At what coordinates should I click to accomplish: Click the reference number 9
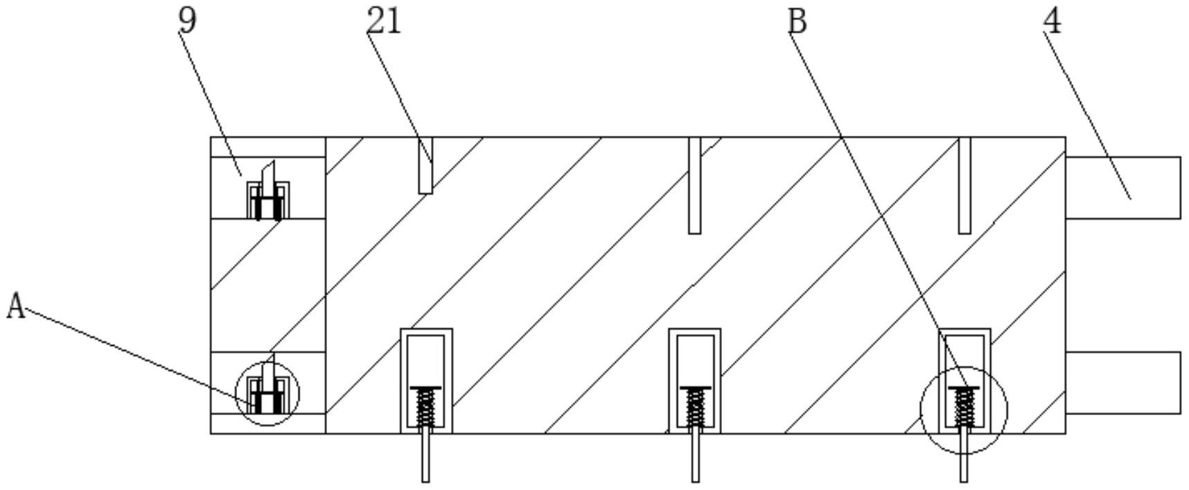pyautogui.click(x=188, y=20)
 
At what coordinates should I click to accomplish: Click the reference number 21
pyautogui.click(x=384, y=21)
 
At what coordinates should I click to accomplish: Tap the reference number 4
pyautogui.click(x=1052, y=21)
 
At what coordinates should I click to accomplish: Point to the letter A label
pyautogui.click(x=16, y=306)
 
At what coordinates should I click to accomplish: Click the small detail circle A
pyautogui.click(x=267, y=393)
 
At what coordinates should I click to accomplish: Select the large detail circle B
pyautogui.click(x=964, y=410)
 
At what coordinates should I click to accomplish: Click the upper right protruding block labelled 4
pyautogui.click(x=1122, y=188)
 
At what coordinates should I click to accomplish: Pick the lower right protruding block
pyautogui.click(x=1122, y=383)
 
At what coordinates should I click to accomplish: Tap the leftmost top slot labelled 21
pyautogui.click(x=425, y=165)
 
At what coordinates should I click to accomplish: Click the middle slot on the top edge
pyautogui.click(x=694, y=185)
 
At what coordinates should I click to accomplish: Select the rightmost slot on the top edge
pyautogui.click(x=964, y=185)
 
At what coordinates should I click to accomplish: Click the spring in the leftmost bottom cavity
pyautogui.click(x=426, y=408)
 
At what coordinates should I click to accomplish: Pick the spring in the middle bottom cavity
pyautogui.click(x=695, y=408)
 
